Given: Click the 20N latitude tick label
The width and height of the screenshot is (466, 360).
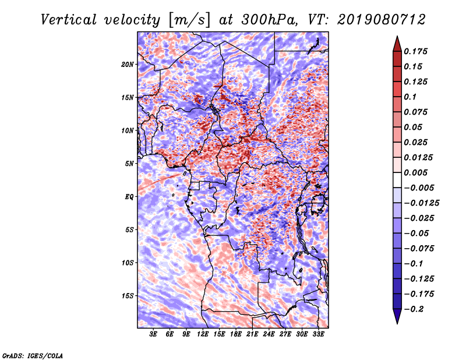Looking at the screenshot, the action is [128, 64].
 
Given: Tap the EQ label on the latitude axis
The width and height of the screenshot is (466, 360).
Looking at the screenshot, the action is [129, 197].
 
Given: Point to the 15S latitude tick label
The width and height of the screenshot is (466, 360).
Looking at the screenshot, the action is [128, 296].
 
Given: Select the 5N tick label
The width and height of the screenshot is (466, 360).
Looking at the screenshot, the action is [129, 164].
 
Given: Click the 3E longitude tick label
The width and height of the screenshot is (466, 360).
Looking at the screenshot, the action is [153, 334].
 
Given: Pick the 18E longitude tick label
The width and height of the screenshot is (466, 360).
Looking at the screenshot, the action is [236, 334].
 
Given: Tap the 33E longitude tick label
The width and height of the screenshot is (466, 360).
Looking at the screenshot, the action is [318, 334].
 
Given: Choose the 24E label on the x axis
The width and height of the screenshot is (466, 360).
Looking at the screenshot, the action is [269, 334].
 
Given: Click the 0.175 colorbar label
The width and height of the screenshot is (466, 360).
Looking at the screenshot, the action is [415, 51].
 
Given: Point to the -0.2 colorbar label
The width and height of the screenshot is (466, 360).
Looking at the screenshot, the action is [414, 309].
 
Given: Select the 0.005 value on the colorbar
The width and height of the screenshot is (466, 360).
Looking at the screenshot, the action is [415, 172].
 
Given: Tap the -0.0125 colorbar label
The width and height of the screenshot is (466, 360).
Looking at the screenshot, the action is [421, 203].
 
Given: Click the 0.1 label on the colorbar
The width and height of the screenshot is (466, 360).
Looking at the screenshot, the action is [410, 97].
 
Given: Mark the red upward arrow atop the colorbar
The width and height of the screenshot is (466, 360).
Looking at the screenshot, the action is [397, 44].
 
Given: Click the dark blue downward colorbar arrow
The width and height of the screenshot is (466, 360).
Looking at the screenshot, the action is [397, 316].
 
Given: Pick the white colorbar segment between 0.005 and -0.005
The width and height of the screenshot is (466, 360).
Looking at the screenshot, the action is [397, 180].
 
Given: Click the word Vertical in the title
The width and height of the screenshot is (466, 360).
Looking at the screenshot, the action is [69, 20].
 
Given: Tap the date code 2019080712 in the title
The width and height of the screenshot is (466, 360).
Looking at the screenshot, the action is [382, 20].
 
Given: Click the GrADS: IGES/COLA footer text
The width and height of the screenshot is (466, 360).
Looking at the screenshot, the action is [33, 356].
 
